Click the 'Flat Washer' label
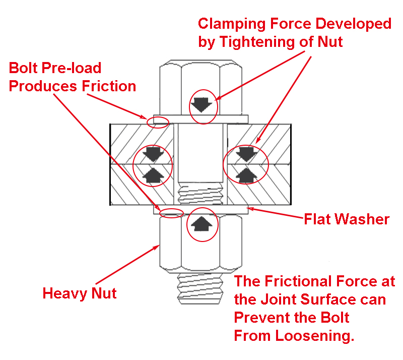click(x=347, y=219)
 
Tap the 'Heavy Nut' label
click(x=80, y=293)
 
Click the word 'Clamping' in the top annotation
click(x=232, y=24)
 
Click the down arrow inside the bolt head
click(x=201, y=105)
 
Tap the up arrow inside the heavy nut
click(x=202, y=224)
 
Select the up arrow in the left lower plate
click(x=153, y=175)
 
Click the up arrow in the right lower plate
click(x=246, y=175)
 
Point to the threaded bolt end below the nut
click(x=200, y=289)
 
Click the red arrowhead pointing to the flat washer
click(x=250, y=209)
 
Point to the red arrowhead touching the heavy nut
click(x=156, y=247)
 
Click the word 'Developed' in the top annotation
click(x=354, y=24)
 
